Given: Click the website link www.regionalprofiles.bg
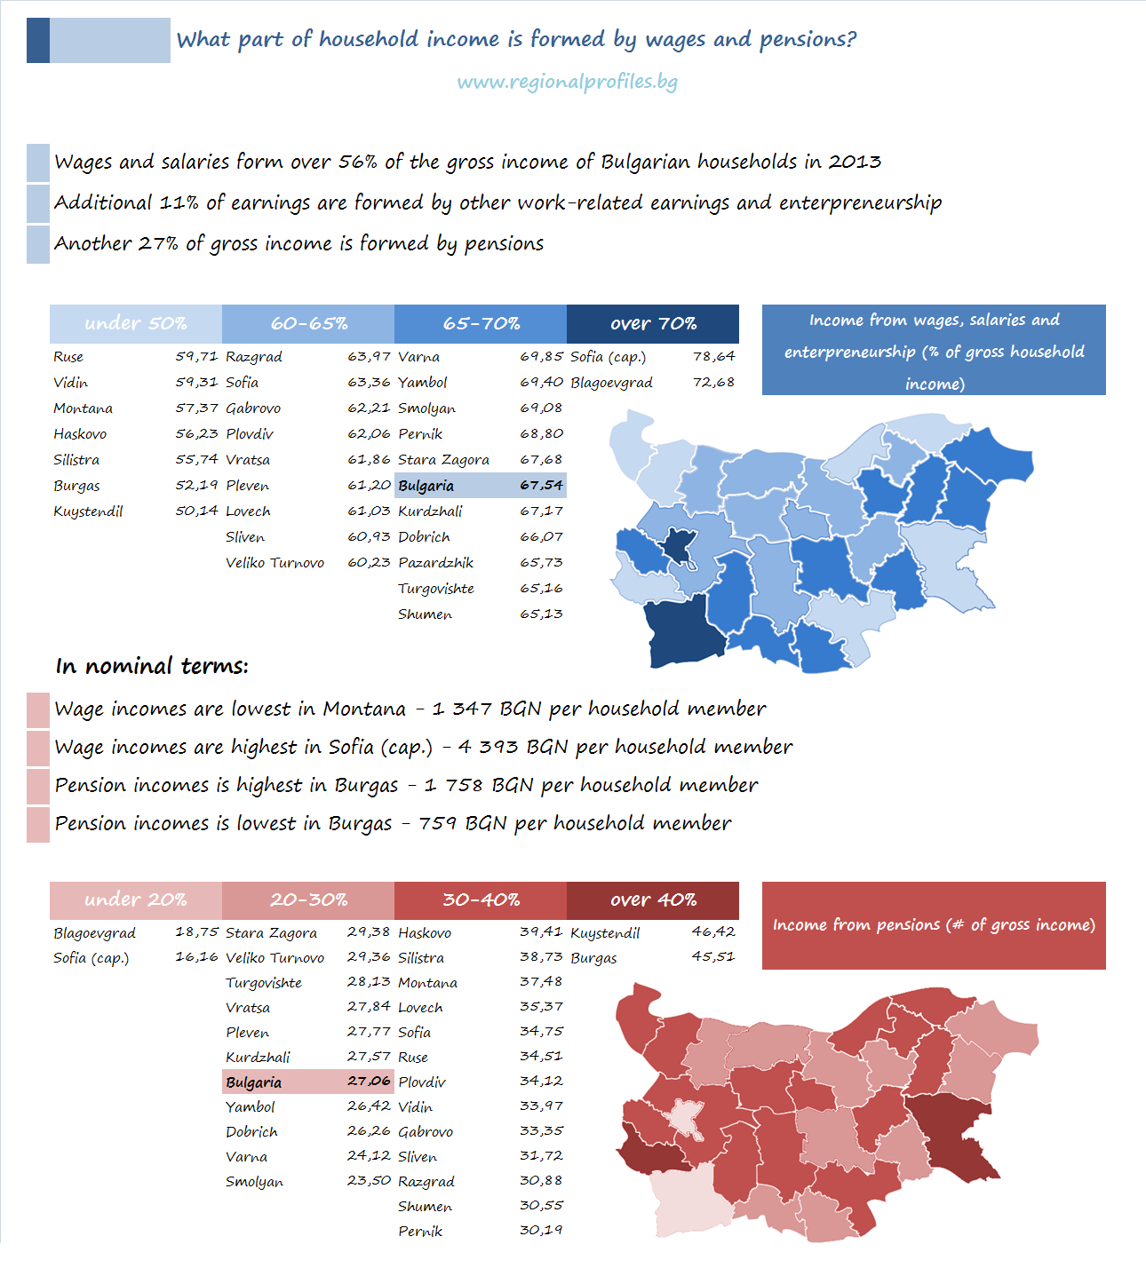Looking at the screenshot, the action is coord(567,82).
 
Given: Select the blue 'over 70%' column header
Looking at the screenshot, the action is coord(653,324).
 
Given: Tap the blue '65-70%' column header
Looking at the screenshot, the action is coord(481,324).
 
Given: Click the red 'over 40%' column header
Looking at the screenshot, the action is coord(653,900).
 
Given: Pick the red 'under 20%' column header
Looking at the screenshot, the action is coord(135,900).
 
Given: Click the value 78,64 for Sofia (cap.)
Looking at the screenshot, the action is coord(714,356).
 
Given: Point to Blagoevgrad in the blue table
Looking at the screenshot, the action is coord(611,383).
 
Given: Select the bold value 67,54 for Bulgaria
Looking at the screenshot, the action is coord(542,486).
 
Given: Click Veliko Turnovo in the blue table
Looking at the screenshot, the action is coord(275,563).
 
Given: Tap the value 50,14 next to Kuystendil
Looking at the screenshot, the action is coord(196,511).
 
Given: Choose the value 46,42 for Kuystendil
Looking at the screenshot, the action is coord(714,932).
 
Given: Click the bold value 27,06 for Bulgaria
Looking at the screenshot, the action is coord(370,1082).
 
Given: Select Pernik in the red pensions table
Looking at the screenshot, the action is coord(420,1232).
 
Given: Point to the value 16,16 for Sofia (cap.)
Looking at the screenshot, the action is coord(196,957).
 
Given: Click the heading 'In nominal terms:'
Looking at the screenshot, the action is coord(152,666).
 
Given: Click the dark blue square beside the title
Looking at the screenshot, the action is coord(38,40).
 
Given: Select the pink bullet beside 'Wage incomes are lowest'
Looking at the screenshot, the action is coord(38,710).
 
